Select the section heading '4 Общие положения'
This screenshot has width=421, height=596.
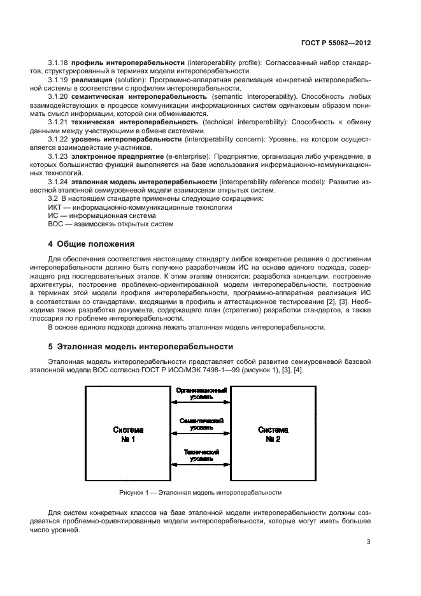[92, 243]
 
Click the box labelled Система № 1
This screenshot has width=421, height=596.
[124, 435]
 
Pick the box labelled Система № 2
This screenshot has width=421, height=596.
[273, 435]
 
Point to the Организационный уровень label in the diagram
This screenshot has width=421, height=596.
[199, 391]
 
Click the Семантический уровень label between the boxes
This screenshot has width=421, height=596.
[199, 425]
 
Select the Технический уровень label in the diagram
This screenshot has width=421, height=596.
[199, 455]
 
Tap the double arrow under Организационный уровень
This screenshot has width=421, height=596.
[199, 402]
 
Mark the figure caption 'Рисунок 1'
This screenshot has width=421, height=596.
[199, 493]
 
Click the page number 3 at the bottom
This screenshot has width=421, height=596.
[369, 542]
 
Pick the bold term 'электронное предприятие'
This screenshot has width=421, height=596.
[120, 156]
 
